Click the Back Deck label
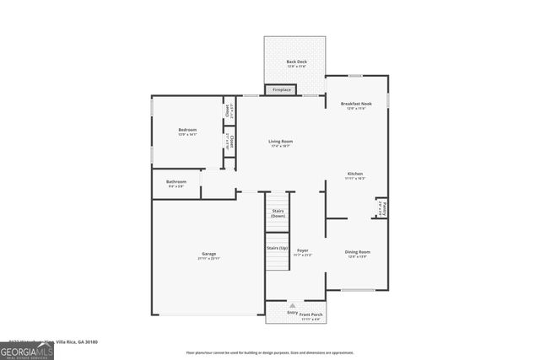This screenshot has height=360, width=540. [x=295, y=62]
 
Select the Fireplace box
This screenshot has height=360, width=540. [x=281, y=89]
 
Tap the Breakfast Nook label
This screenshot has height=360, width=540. [x=355, y=104]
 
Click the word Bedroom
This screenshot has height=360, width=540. [x=186, y=131]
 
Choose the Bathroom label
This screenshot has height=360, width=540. [x=176, y=182]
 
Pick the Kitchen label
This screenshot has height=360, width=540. [x=355, y=174]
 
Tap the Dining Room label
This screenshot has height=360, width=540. [x=357, y=252]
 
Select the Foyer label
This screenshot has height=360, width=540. [x=302, y=250]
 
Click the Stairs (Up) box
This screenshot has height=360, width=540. [x=277, y=249]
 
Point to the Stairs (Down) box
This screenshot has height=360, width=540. [x=278, y=213]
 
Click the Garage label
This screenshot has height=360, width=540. [x=208, y=255]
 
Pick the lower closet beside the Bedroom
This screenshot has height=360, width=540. [x=228, y=142]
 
